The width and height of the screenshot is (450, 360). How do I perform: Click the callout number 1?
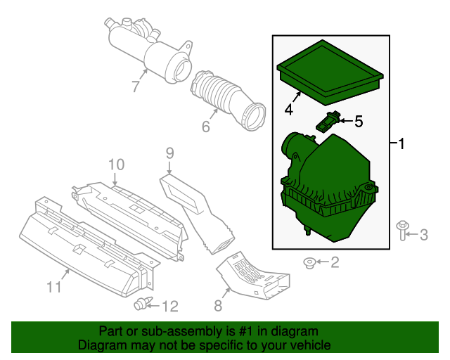click(401, 144)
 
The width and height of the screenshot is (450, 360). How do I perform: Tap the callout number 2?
click(335, 262)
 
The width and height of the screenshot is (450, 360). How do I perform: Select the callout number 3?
click(423, 235)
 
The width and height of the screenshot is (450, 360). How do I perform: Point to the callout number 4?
click(288, 109)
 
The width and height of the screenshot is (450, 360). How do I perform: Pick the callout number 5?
click(358, 122)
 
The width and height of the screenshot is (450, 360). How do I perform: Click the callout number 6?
click(206, 127)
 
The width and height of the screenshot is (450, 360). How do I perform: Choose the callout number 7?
click(136, 86)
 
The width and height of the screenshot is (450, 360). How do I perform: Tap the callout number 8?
click(218, 305)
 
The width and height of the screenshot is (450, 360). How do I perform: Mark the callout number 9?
click(169, 152)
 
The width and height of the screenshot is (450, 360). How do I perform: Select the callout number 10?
click(116, 164)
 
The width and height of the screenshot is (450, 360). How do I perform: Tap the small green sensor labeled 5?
click(328, 121)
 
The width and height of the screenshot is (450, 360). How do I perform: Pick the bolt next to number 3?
click(403, 231)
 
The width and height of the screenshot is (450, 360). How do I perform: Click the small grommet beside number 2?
click(309, 263)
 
